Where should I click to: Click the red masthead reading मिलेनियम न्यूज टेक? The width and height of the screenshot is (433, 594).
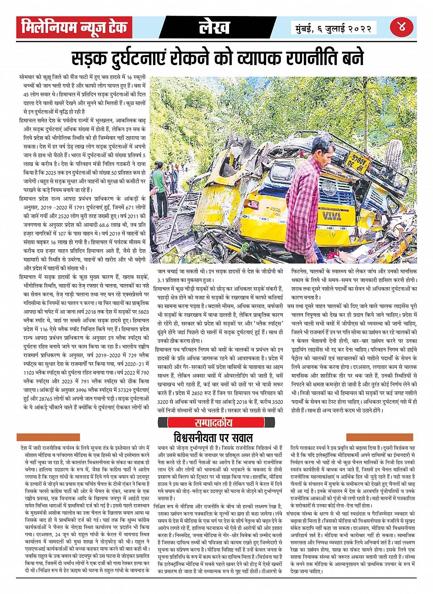(74, 28)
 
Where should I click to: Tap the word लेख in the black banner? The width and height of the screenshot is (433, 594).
(214, 28)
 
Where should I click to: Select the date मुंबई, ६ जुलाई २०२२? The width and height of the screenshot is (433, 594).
(334, 28)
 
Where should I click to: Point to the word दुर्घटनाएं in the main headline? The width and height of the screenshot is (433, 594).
(148, 58)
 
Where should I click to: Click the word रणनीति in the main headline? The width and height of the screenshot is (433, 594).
(296, 58)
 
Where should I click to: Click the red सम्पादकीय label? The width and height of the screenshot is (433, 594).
(215, 422)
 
